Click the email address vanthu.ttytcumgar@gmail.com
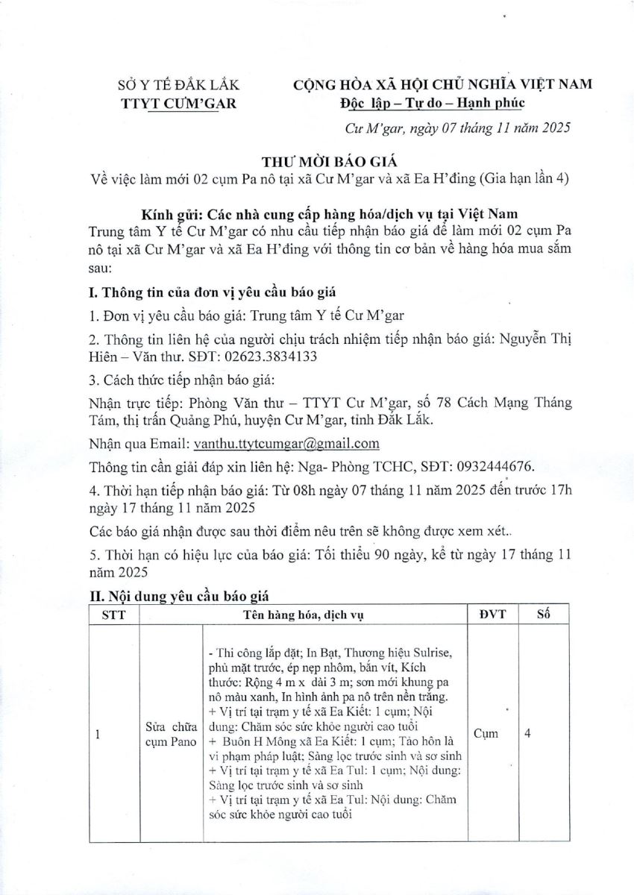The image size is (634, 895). click(x=286, y=443)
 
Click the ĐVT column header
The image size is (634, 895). click(x=485, y=615)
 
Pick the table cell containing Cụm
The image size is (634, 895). click(x=485, y=733)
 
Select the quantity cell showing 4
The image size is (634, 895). click(x=527, y=733)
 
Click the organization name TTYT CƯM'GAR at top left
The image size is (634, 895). click(x=178, y=102)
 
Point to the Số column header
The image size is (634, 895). click(x=542, y=615)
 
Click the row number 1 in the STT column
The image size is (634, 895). click(x=98, y=733)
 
